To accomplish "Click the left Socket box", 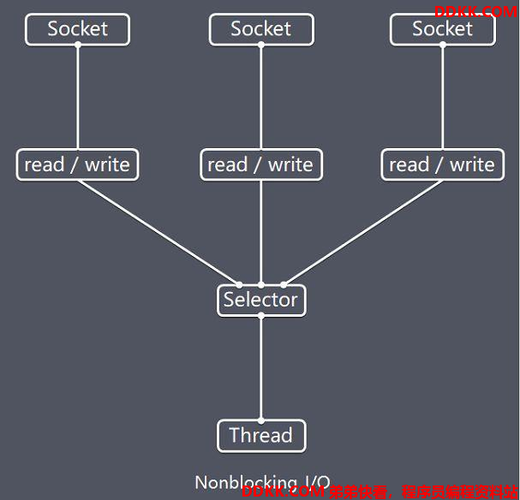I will point(77,29).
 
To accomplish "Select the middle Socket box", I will point(261,29).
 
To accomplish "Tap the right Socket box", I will point(443,29).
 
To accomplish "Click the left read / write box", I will point(77,164).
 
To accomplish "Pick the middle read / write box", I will point(261,164).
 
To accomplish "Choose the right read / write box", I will point(442,164).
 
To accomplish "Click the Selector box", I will point(261,300).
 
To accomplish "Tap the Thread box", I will point(261,436).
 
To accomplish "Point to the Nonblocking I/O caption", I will point(261,483).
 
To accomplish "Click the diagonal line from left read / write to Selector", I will point(158,232).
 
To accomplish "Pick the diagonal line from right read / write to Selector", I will point(363,232).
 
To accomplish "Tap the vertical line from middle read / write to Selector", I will point(261,232).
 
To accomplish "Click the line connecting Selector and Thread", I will point(261,368).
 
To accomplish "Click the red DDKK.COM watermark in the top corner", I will point(475,11).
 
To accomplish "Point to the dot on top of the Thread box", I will point(261,420).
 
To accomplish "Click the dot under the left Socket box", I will point(77,45).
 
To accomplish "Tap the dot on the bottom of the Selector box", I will point(261,316).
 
